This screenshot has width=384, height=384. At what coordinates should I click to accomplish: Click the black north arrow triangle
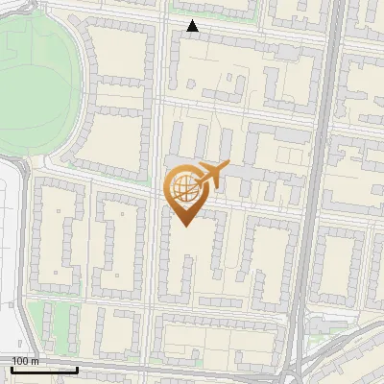click(x=193, y=26)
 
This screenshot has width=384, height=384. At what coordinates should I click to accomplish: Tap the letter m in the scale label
click(x=36, y=361)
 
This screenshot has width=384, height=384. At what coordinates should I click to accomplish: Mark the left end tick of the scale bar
click(x=12, y=369)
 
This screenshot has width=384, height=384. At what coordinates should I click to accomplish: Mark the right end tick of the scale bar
click(x=77, y=369)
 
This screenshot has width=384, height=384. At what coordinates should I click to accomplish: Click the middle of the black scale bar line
click(x=44, y=371)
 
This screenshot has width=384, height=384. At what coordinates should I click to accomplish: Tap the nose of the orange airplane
click(x=228, y=168)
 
